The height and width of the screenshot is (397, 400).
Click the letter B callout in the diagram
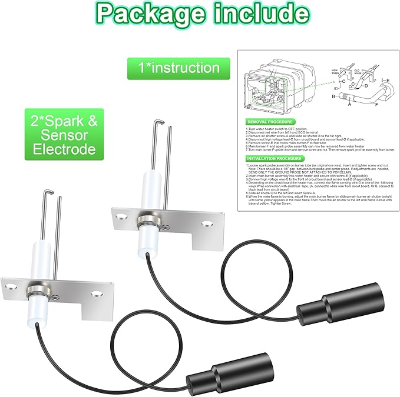[x=333, y=96]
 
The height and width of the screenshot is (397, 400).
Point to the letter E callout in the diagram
[x=387, y=80]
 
